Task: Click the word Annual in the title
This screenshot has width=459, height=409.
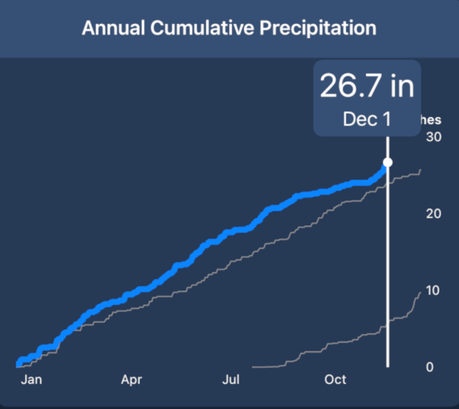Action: click(109, 28)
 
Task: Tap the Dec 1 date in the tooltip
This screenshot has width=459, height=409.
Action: click(367, 120)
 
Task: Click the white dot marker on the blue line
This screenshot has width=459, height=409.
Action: click(387, 162)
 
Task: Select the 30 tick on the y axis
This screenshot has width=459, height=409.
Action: click(434, 137)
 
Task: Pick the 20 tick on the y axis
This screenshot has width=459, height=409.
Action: click(434, 213)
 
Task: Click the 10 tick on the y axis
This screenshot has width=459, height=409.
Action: click(434, 290)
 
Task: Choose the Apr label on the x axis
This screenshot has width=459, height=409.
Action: click(132, 380)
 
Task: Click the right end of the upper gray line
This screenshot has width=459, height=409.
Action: click(421, 170)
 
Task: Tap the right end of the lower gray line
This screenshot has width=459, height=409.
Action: click(420, 292)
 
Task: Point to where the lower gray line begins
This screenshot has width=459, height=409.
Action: click(252, 366)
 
